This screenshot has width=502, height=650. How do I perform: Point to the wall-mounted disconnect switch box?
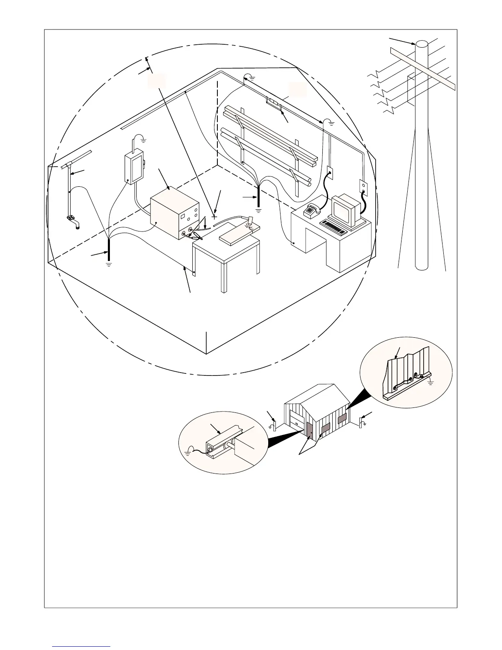coord(134,167)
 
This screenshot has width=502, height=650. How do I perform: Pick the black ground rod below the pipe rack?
coord(258,197)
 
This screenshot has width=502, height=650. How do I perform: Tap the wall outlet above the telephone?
coord(329,173)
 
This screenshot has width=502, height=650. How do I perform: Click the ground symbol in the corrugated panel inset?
coord(431,383)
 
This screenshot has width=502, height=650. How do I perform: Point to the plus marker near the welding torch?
coord(214,216)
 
